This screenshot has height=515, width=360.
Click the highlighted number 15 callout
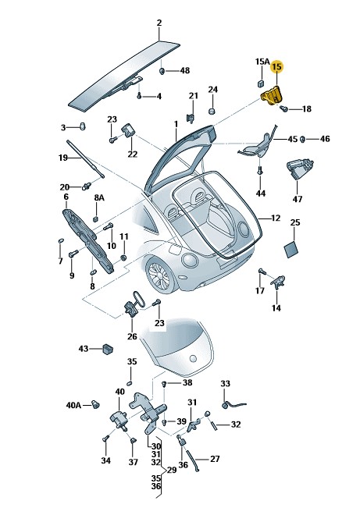click(276, 67)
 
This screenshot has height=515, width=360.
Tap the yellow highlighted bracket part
click(272, 95)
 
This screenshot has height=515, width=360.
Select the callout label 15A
click(262, 62)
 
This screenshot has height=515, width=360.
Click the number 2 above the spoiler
click(159, 23)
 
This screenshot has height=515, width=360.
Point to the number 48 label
click(185, 70)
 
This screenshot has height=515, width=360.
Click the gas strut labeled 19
click(85, 159)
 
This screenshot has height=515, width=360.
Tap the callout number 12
click(276, 218)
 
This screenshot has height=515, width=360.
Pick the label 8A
click(99, 197)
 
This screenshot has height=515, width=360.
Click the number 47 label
click(298, 199)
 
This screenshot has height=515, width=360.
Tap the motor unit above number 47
click(300, 169)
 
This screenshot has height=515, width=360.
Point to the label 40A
click(73, 405)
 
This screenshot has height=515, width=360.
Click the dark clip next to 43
click(107, 349)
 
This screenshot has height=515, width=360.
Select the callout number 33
click(225, 384)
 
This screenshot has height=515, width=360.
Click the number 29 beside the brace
click(172, 471)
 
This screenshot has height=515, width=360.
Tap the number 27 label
click(215, 459)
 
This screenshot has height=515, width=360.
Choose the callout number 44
click(260, 194)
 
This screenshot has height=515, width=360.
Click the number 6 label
click(66, 197)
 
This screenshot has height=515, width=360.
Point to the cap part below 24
click(212, 110)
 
